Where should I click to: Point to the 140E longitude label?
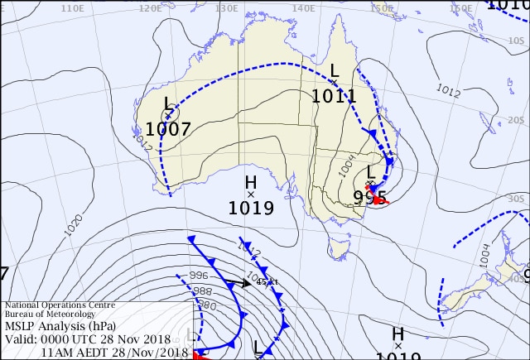pyautogui.click(x=304, y=8)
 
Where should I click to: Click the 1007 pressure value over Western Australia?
pyautogui.click(x=168, y=129)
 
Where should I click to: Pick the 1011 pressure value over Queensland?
pyautogui.click(x=334, y=96)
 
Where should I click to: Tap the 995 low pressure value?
pyautogui.click(x=369, y=197)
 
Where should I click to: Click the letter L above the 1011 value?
pyautogui.click(x=335, y=70)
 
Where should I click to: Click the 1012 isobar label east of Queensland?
pyautogui.click(x=447, y=90)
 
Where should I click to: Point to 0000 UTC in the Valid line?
pyautogui.click(x=75, y=339)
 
